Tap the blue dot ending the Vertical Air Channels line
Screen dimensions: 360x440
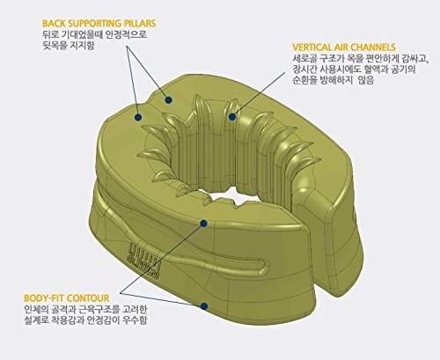pyautogui.click(x=237, y=115)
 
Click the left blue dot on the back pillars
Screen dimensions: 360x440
pyautogui.click(x=138, y=114)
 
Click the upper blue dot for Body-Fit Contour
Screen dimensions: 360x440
pyautogui.click(x=205, y=224)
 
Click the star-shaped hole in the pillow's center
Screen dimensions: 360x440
pyautogui.click(x=231, y=186)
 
